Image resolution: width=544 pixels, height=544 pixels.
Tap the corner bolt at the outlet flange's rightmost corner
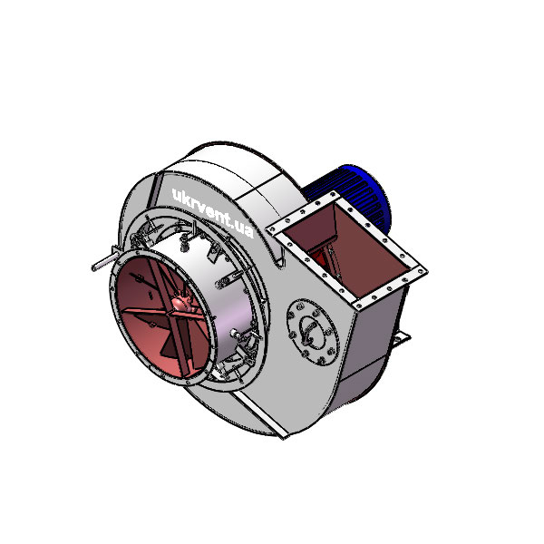[422, 268]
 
